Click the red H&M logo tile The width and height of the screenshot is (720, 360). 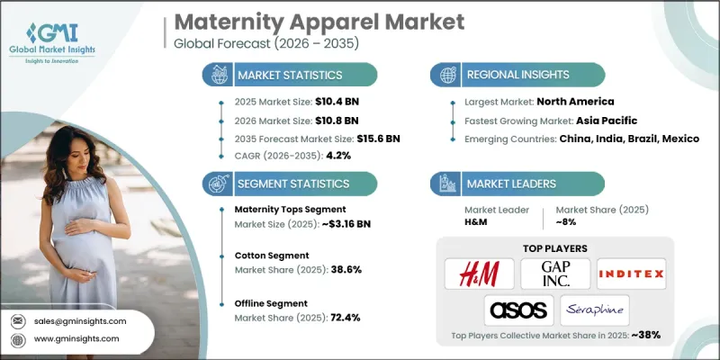click(x=479, y=273)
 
